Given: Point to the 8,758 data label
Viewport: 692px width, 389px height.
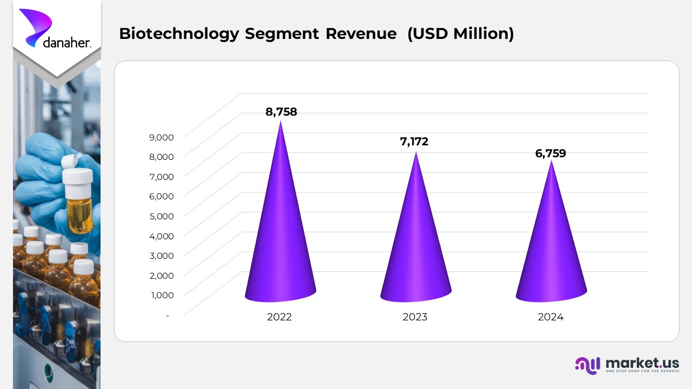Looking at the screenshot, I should [281, 112].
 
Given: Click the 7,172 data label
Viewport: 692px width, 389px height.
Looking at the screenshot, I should [414, 142].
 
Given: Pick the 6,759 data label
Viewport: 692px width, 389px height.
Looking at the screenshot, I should [550, 153].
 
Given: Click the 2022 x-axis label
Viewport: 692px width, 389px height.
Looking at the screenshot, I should [279, 317].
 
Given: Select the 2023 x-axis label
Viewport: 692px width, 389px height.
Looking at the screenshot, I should [415, 317].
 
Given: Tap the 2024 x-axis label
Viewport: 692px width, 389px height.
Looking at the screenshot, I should [550, 317].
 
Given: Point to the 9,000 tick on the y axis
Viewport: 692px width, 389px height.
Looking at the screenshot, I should [161, 137].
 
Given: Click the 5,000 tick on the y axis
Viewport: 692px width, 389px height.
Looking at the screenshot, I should [161, 216].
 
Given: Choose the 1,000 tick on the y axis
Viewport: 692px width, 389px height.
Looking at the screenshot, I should [161, 295].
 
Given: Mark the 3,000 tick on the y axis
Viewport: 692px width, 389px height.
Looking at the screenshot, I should [161, 256].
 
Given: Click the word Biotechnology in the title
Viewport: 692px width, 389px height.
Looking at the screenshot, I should [178, 34].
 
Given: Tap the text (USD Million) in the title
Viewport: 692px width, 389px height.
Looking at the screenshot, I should [460, 34].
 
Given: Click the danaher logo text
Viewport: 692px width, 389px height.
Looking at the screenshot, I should [66, 42].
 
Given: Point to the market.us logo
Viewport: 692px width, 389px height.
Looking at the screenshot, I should [627, 365].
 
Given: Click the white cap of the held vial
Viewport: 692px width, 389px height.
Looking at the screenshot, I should [77, 175].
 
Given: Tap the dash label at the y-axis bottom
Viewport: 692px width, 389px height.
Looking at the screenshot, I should [168, 315].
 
